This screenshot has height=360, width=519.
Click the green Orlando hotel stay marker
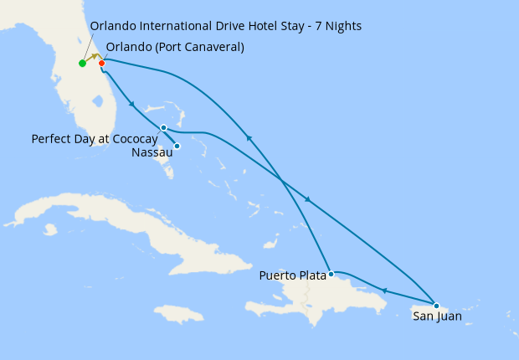82,63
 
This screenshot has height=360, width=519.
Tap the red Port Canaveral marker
101,63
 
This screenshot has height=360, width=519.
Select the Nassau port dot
177,146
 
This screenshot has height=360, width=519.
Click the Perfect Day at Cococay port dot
163,127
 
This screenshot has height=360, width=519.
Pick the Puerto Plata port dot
331,274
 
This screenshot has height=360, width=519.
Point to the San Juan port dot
436,306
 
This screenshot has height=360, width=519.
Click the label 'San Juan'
436,316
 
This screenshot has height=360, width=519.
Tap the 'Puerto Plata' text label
293,275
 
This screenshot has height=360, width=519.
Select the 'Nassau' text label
152,152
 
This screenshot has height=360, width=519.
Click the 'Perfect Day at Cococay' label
95,138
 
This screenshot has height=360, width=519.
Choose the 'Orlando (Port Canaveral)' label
175,47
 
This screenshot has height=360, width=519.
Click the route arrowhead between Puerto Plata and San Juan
384,291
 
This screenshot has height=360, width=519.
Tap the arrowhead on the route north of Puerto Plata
249,138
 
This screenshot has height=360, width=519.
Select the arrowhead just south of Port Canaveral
131,104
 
